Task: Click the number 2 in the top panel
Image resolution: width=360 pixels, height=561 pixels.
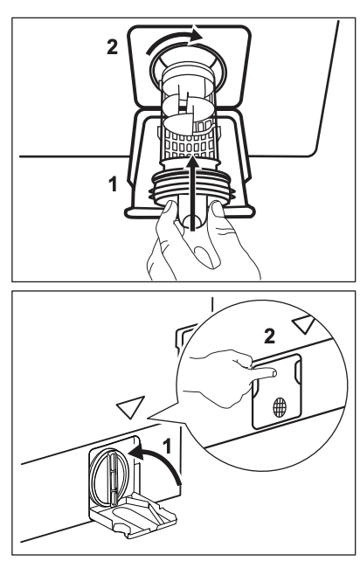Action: click(112, 47)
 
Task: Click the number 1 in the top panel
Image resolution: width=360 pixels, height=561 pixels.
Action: click(113, 184)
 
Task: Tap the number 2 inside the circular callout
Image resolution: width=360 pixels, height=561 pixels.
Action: click(269, 336)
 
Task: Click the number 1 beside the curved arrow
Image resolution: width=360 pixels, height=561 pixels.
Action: click(167, 447)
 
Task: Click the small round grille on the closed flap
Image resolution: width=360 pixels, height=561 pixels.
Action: click(280, 407)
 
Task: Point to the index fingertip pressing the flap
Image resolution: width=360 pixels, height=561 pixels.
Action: click(273, 374)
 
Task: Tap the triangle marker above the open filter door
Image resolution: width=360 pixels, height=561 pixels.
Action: click(129, 407)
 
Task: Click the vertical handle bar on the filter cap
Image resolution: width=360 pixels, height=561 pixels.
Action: click(112, 478)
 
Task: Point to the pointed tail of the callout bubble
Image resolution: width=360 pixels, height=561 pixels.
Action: click(150, 418)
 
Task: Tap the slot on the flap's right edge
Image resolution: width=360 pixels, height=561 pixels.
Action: click(297, 371)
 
